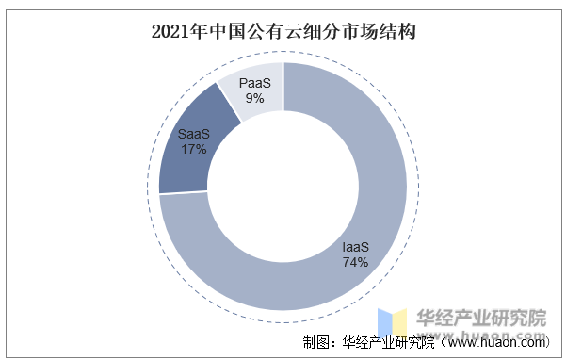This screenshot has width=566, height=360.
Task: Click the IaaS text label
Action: [355, 248]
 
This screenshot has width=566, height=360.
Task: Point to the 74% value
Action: [355, 262]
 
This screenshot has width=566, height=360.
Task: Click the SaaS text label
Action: [193, 134]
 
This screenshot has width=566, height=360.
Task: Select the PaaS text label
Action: [254, 83]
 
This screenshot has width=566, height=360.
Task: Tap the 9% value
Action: [254, 97]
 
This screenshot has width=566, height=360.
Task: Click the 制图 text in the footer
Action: [316, 342]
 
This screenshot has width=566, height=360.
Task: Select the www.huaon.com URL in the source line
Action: [504, 342]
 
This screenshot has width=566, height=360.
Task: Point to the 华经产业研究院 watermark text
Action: [480, 316]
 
